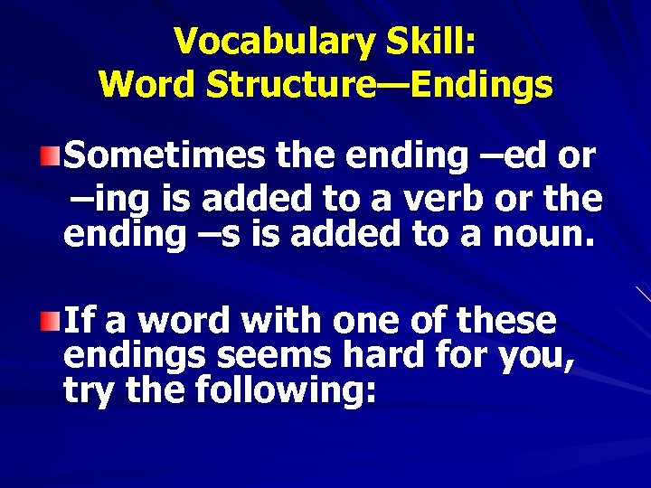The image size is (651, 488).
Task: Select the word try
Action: coord(90,392)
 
